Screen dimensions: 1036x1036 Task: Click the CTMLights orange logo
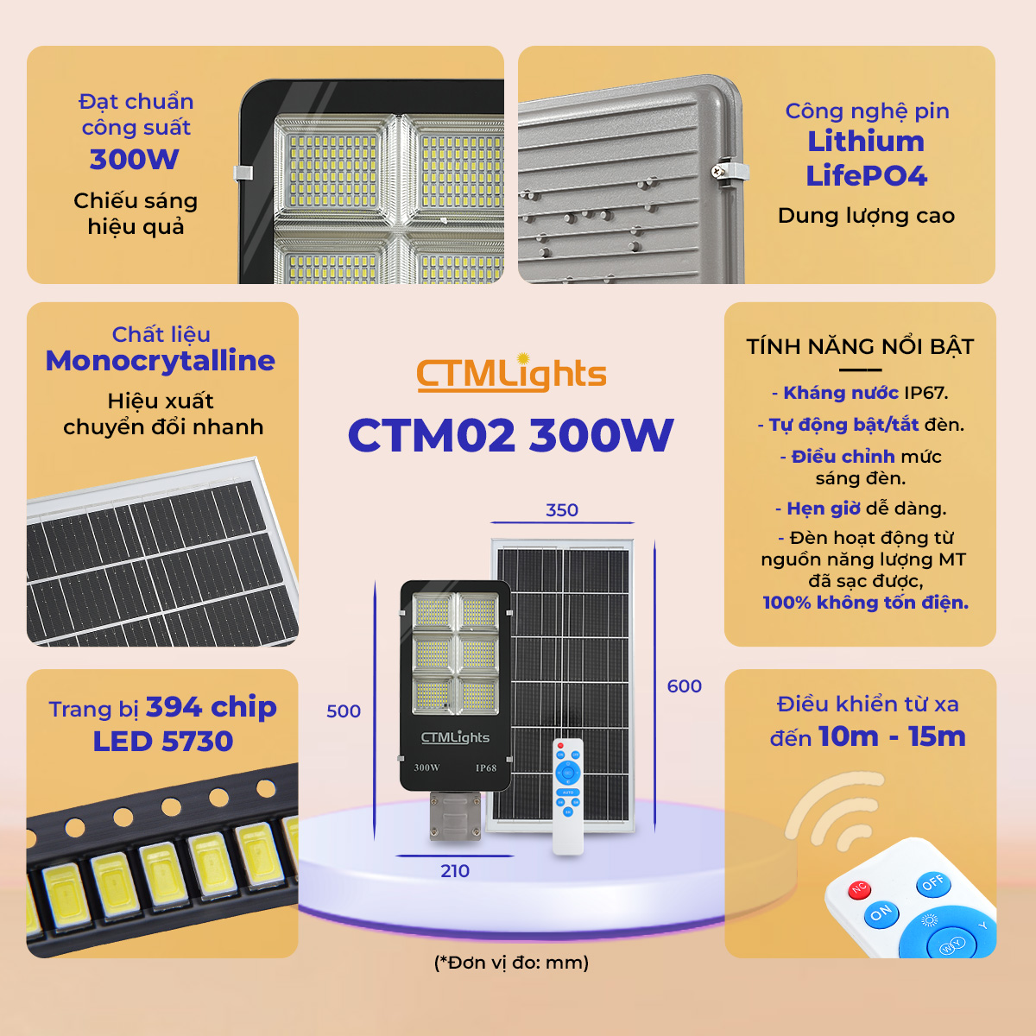[511, 373]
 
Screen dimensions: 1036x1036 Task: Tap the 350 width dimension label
[562, 509]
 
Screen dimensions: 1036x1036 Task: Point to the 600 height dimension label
[684, 686]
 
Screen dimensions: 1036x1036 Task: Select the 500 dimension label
[344, 711]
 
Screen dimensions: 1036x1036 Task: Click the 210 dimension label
[455, 870]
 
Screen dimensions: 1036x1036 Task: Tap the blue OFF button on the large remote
[933, 883]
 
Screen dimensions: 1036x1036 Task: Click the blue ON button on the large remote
[881, 913]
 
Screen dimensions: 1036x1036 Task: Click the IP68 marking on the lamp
[486, 768]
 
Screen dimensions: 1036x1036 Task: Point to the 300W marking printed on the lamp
[426, 768]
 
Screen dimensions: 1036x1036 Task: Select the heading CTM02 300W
[510, 435]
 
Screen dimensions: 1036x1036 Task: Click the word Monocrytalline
[161, 360]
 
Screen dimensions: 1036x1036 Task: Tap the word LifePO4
[866, 176]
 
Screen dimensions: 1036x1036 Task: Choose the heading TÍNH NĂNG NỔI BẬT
[860, 347]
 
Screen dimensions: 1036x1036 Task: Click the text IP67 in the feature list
[925, 393]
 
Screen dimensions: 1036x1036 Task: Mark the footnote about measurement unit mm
[511, 962]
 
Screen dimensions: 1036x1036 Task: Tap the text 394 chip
[212, 707]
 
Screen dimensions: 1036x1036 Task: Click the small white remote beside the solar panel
[568, 796]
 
